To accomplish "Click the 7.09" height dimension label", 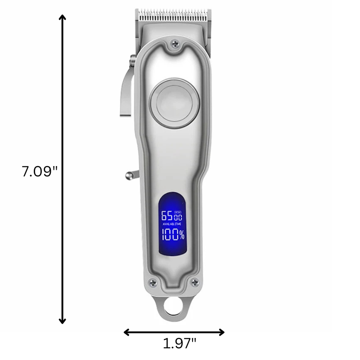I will (x=40, y=171).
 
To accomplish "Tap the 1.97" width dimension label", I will (x=180, y=344).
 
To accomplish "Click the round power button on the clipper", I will (x=175, y=103).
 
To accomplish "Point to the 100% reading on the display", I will (x=172, y=234).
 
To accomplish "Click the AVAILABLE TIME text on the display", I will (x=171, y=224).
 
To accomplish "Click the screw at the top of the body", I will (x=174, y=44).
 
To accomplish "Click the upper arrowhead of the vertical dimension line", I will (x=63, y=18).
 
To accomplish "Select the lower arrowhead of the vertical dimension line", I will (x=63, y=320).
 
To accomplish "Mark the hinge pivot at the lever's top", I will (x=132, y=58).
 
